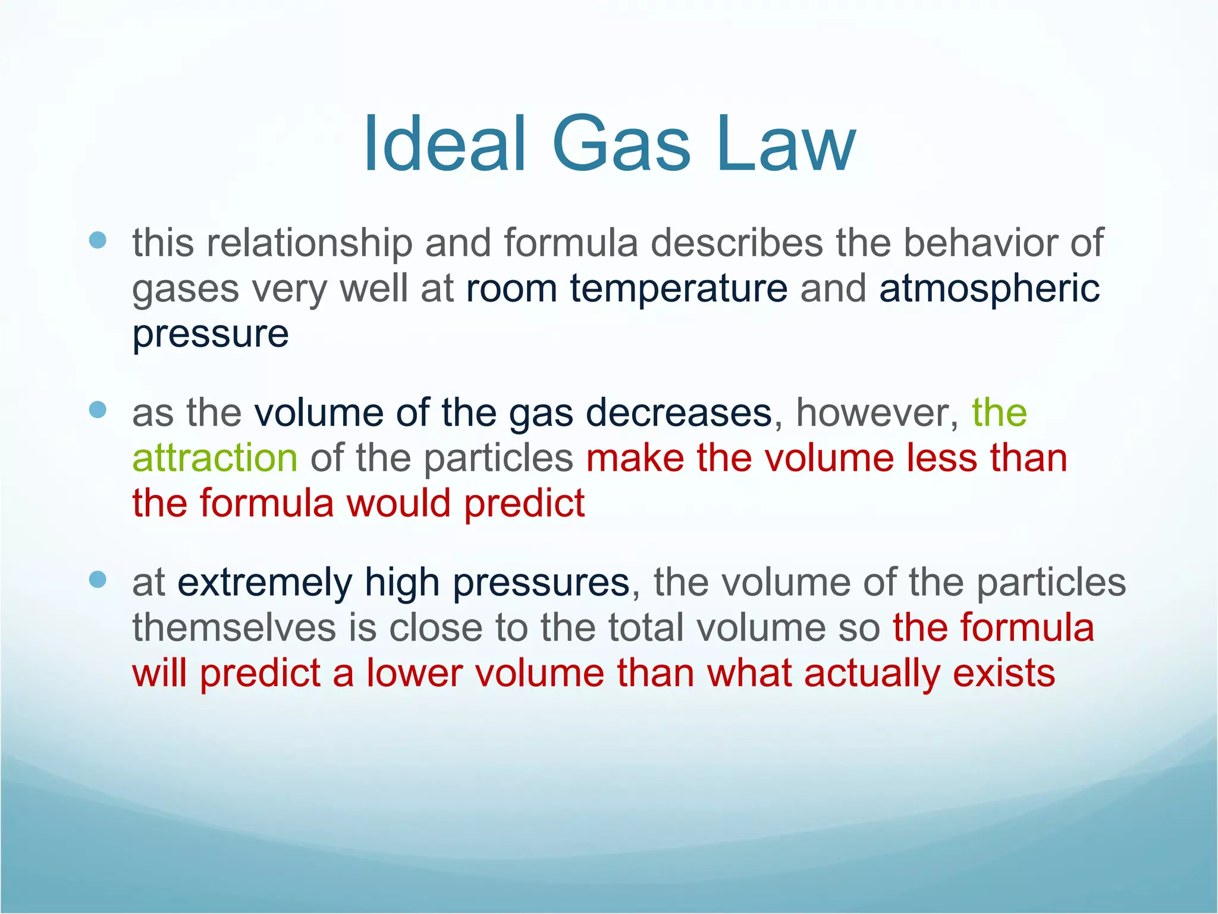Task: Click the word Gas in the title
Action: coord(621,145)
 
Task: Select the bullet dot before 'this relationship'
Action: coord(98,240)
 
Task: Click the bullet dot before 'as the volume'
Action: coord(98,409)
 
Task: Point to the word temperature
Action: coord(679,289)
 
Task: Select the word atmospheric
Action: coord(989,289)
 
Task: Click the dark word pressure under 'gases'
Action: coord(211,334)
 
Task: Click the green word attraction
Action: coord(215,458)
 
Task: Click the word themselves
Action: coord(234,628)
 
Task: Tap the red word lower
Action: coord(414,674)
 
